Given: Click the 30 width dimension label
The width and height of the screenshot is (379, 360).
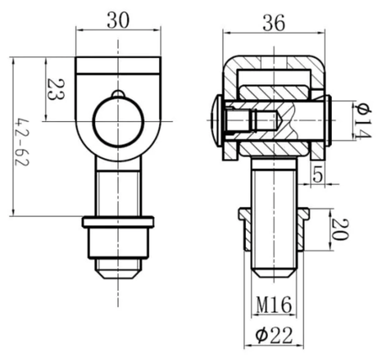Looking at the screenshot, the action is click(x=118, y=21).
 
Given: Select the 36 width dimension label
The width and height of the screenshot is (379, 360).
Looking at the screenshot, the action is click(x=274, y=23).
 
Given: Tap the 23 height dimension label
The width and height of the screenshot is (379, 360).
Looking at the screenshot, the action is click(x=56, y=89).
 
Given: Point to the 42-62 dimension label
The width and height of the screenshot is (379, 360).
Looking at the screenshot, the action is click(x=22, y=142).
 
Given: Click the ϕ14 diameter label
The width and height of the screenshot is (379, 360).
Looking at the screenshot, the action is click(x=362, y=120).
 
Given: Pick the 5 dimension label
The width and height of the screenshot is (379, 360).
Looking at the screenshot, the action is click(x=318, y=175).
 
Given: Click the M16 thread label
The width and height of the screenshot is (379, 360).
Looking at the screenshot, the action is click(x=274, y=305).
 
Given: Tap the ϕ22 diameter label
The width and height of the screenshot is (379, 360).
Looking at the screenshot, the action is click(x=274, y=335).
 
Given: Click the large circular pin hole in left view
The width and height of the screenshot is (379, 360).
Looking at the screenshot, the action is click(x=118, y=121).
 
